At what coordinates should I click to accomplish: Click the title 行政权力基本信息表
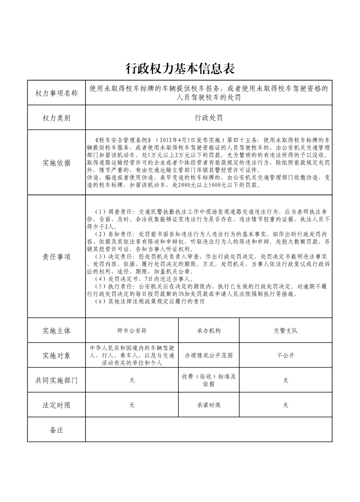tap(180, 69)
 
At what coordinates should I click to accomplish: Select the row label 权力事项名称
tap(57, 93)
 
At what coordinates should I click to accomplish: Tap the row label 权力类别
tap(57, 118)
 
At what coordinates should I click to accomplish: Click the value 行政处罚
tap(209, 118)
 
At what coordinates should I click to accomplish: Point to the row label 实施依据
tap(57, 163)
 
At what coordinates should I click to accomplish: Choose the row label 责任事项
tap(57, 257)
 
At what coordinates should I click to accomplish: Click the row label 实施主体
tap(57, 331)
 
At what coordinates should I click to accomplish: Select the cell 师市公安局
tap(132, 331)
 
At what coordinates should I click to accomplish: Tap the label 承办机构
tap(209, 331)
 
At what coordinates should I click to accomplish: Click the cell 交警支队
tap(285, 331)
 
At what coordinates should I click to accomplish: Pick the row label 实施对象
tap(57, 356)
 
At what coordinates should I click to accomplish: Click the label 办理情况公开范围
tap(209, 356)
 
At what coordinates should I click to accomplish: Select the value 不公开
tap(285, 356)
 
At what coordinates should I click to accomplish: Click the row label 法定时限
tap(57, 405)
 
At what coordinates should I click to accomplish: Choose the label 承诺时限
tap(209, 405)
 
